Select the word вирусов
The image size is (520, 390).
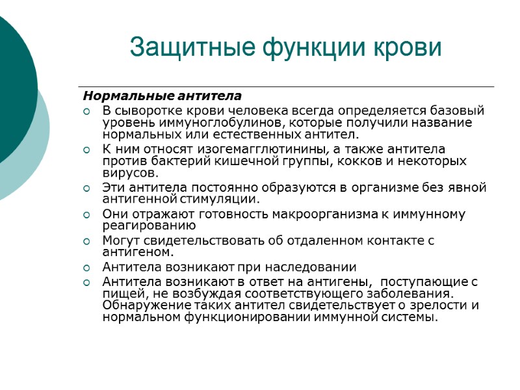tap(130, 174)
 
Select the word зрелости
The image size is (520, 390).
tap(438, 305)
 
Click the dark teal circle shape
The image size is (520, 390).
tap(10, 84)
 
